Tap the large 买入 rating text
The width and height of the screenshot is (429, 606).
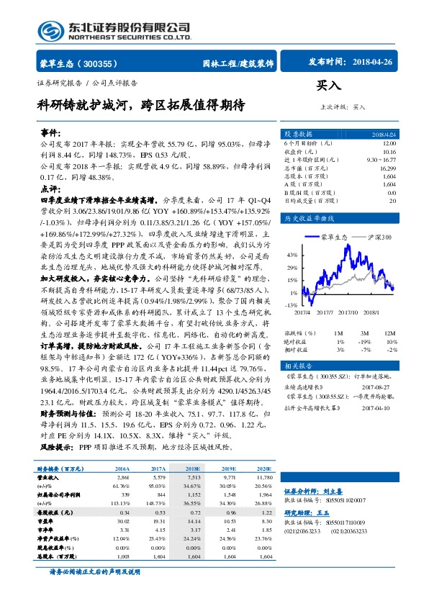[329, 85]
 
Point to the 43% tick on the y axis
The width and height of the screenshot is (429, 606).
[292, 255]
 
